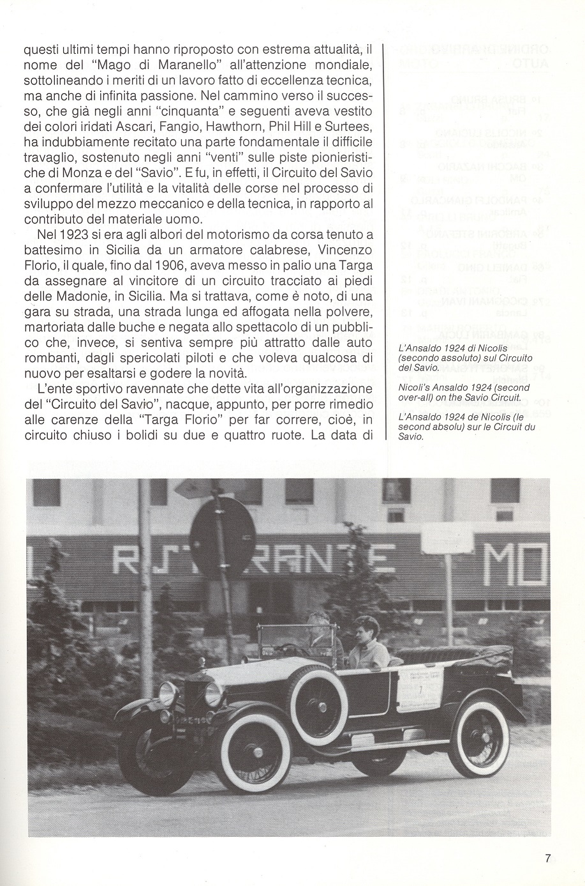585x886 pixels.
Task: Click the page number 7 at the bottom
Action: (548, 859)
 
